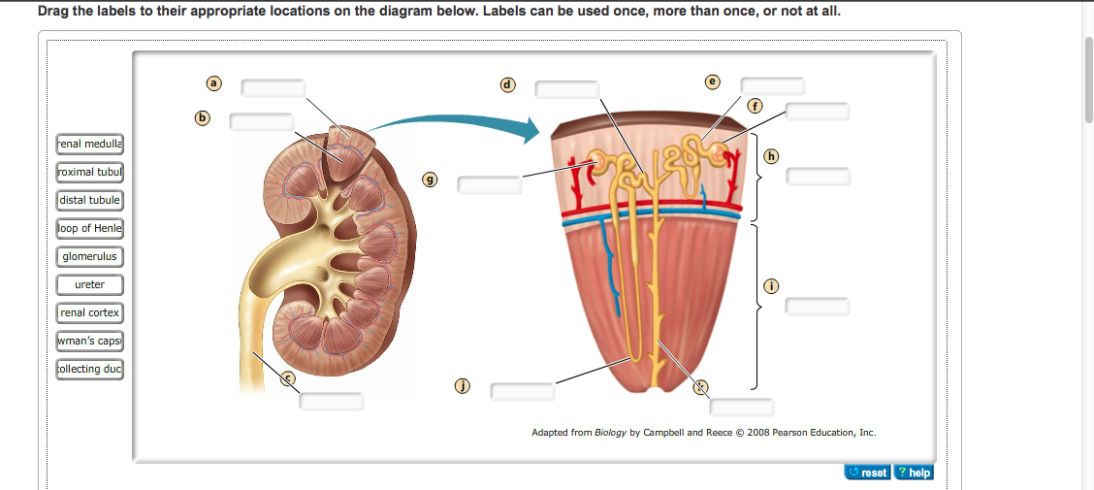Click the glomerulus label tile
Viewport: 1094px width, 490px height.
[89, 256]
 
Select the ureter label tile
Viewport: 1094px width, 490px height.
[89, 284]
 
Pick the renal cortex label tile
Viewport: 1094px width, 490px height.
[89, 312]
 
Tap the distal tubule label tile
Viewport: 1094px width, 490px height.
[89, 200]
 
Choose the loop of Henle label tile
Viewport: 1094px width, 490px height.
[89, 228]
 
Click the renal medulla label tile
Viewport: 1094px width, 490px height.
[89, 144]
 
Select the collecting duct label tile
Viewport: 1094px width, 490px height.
[89, 369]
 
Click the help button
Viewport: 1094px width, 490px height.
[913, 473]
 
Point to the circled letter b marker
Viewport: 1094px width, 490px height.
[202, 117]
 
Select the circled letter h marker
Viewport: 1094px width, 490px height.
[771, 155]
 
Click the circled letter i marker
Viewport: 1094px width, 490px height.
[771, 285]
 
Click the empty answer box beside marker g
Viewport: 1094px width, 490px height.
[490, 184]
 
